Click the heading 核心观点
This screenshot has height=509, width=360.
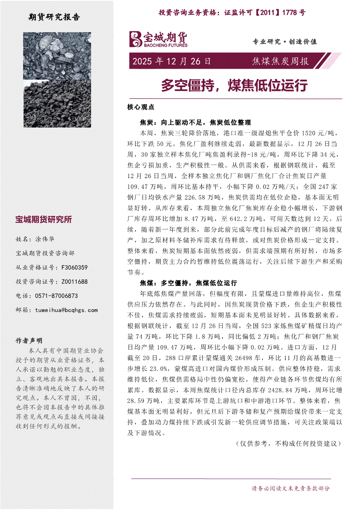(x=138, y=107)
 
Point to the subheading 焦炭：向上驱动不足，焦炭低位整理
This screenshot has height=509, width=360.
(x=195, y=123)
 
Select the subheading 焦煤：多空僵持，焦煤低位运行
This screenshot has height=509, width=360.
(x=188, y=283)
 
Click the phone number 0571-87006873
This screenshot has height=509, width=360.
(x=53, y=296)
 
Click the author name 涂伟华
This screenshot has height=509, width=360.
(x=44, y=239)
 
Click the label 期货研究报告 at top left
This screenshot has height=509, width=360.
(x=54, y=17)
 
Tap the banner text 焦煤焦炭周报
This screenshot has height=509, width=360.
(x=280, y=61)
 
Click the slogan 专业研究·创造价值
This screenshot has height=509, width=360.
(x=285, y=42)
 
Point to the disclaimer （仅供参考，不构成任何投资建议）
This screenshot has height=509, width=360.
(x=287, y=444)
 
